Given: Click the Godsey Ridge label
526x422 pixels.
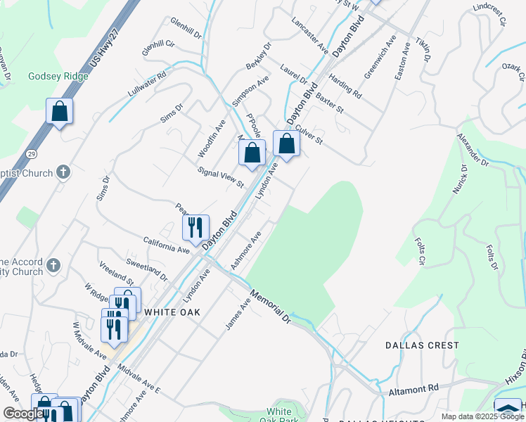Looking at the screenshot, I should click(58, 76).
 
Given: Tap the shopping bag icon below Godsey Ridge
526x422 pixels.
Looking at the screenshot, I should click(60, 111).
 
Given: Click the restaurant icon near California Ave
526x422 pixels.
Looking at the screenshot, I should click(195, 226).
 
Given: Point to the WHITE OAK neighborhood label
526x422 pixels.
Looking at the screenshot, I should click(172, 312).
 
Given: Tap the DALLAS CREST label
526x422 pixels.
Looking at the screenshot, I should click(422, 345).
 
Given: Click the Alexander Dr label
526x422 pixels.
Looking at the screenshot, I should click(473, 150).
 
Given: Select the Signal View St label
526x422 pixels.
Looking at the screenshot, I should click(220, 178).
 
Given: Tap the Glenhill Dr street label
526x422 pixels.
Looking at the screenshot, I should click(186, 28).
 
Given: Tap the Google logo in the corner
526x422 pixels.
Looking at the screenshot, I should click(23, 414).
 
